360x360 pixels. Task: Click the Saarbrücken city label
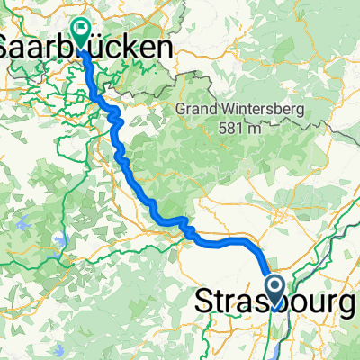(x=85, y=48)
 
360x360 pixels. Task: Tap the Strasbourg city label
(x=274, y=306)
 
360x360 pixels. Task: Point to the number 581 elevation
(x=231, y=128)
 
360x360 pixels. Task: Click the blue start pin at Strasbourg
(x=274, y=289)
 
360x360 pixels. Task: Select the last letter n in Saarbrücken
(x=163, y=48)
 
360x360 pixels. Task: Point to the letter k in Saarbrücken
(x=130, y=48)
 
